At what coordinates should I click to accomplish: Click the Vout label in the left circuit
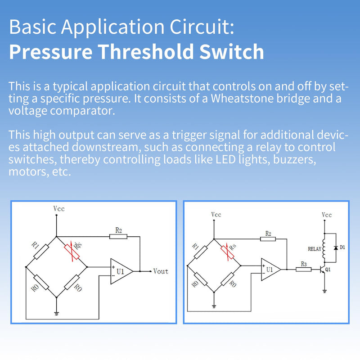click(x=161, y=271)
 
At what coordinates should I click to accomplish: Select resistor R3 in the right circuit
click(x=303, y=270)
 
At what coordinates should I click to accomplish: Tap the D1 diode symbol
click(x=335, y=248)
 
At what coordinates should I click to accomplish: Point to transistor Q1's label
click(x=328, y=270)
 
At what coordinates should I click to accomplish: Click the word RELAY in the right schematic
click(x=314, y=248)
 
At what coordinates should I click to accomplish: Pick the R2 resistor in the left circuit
click(x=118, y=236)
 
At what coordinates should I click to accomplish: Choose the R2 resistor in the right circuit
click(x=268, y=238)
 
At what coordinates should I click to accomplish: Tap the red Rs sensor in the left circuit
click(x=72, y=252)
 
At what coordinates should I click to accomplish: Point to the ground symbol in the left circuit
click(x=56, y=313)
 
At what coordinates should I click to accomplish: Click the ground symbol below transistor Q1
click(x=324, y=291)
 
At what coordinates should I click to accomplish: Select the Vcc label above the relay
click(x=327, y=215)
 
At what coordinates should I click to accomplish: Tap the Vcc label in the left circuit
click(x=59, y=208)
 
